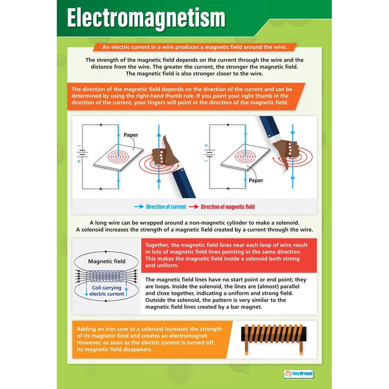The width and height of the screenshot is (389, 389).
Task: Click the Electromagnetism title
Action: tap(146, 19)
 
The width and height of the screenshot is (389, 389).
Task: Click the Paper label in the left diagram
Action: tap(131, 135)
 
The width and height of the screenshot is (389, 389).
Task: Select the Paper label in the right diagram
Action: tap(256, 180)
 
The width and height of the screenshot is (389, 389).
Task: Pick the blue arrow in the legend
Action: tap(138, 207)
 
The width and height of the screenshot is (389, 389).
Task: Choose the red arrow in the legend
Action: tap(193, 207)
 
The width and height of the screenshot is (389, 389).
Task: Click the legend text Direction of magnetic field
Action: tap(228, 207)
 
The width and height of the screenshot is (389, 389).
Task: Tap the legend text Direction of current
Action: tap(166, 207)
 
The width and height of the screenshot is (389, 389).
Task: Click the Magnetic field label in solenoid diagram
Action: tap(107, 261)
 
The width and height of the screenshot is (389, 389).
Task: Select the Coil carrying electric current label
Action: tap(107, 291)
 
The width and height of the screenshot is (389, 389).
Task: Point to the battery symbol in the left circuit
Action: tap(83, 155)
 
